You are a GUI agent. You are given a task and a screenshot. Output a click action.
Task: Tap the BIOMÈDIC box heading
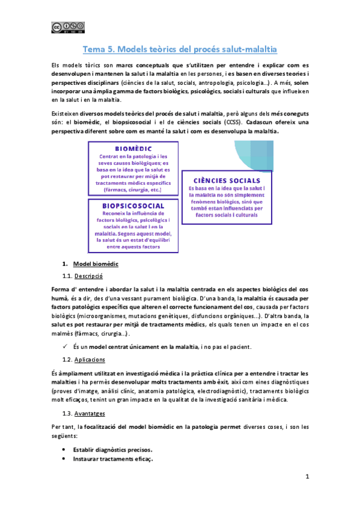tap(133, 149)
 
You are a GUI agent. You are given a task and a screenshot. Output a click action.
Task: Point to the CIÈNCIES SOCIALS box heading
tap(227, 180)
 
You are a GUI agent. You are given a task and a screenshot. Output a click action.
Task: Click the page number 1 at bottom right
tap(307, 477)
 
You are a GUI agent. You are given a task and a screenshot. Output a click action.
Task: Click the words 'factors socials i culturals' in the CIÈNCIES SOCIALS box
tap(227, 214)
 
